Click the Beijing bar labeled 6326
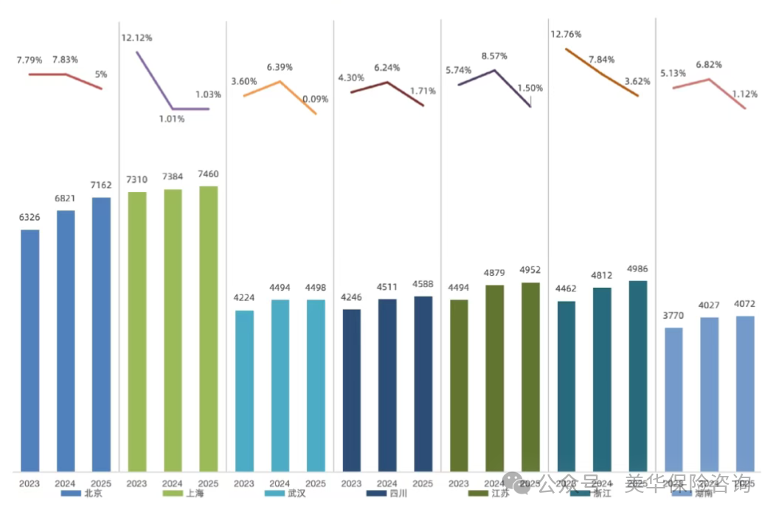point(30,350)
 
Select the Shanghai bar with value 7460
point(209,328)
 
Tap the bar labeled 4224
point(244,390)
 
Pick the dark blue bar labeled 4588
point(423,384)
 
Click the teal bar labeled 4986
point(637,376)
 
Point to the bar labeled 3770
point(673,399)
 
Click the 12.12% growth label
point(136,37)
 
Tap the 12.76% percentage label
point(566,34)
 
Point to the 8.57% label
point(494,56)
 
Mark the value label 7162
point(101,185)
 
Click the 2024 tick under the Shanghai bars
point(173,483)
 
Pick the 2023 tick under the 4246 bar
point(351,483)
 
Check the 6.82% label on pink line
point(709,65)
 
